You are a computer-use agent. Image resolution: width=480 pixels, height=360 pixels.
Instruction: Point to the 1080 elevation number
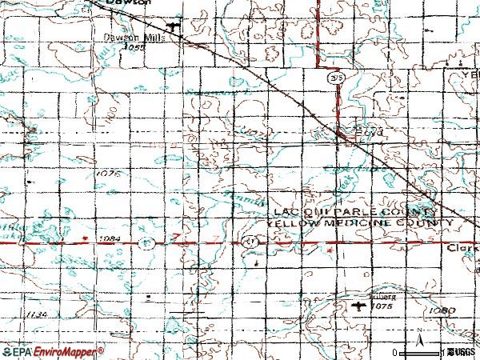pyautogui.click(x=442, y=310)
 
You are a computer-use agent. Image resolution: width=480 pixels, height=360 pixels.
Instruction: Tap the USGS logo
pyautogui.click(x=460, y=352)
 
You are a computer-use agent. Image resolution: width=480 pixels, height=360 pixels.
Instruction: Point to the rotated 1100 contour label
pyautogui.click(x=121, y=106)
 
